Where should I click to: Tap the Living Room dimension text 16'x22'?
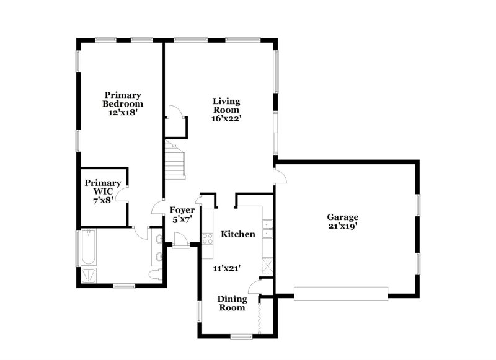tap(227, 118)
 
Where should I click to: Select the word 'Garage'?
tap(343, 217)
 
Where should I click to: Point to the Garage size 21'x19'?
tap(343, 227)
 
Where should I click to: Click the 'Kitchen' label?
tap(238, 234)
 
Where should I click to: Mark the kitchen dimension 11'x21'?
tap(228, 268)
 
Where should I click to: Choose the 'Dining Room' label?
tap(231, 303)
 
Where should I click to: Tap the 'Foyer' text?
tap(183, 210)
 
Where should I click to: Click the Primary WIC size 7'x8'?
tap(103, 201)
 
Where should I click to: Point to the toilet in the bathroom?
tap(155, 274)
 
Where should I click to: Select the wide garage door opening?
tap(340, 293)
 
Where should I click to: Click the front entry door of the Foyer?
tap(181, 242)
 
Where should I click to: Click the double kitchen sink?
tap(268, 230)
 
